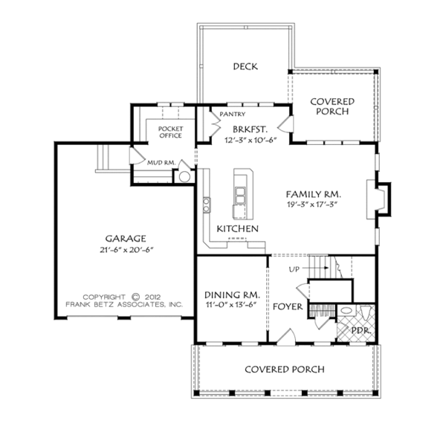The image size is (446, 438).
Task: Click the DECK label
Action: coord(245,67)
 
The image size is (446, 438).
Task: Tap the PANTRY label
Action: coord(233,114)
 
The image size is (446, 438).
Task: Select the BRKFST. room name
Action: coord(251,129)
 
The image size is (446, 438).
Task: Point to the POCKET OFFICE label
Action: coord(171,132)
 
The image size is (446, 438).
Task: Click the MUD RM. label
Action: coord(161,163)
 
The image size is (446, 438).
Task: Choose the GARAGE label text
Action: coord(126,239)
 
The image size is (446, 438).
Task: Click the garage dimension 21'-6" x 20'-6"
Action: coord(126,250)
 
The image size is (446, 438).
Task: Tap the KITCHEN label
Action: coord(238,229)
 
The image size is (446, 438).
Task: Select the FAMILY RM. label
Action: coord(313,194)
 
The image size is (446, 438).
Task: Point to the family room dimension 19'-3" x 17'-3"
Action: coord(312,204)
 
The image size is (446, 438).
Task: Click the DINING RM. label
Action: coord(232,294)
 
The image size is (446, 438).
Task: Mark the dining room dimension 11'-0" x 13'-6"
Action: coord(231,305)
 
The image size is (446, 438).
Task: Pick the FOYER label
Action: coord(288,307)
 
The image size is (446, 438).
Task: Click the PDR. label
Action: coord(361,331)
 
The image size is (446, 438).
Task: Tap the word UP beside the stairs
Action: coord(294,269)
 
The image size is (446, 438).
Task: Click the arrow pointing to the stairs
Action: coord(315,268)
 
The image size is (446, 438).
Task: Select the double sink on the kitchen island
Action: coord(240,195)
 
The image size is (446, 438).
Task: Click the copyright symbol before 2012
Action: coord(136,297)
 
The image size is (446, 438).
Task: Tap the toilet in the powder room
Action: coord(365,313)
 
